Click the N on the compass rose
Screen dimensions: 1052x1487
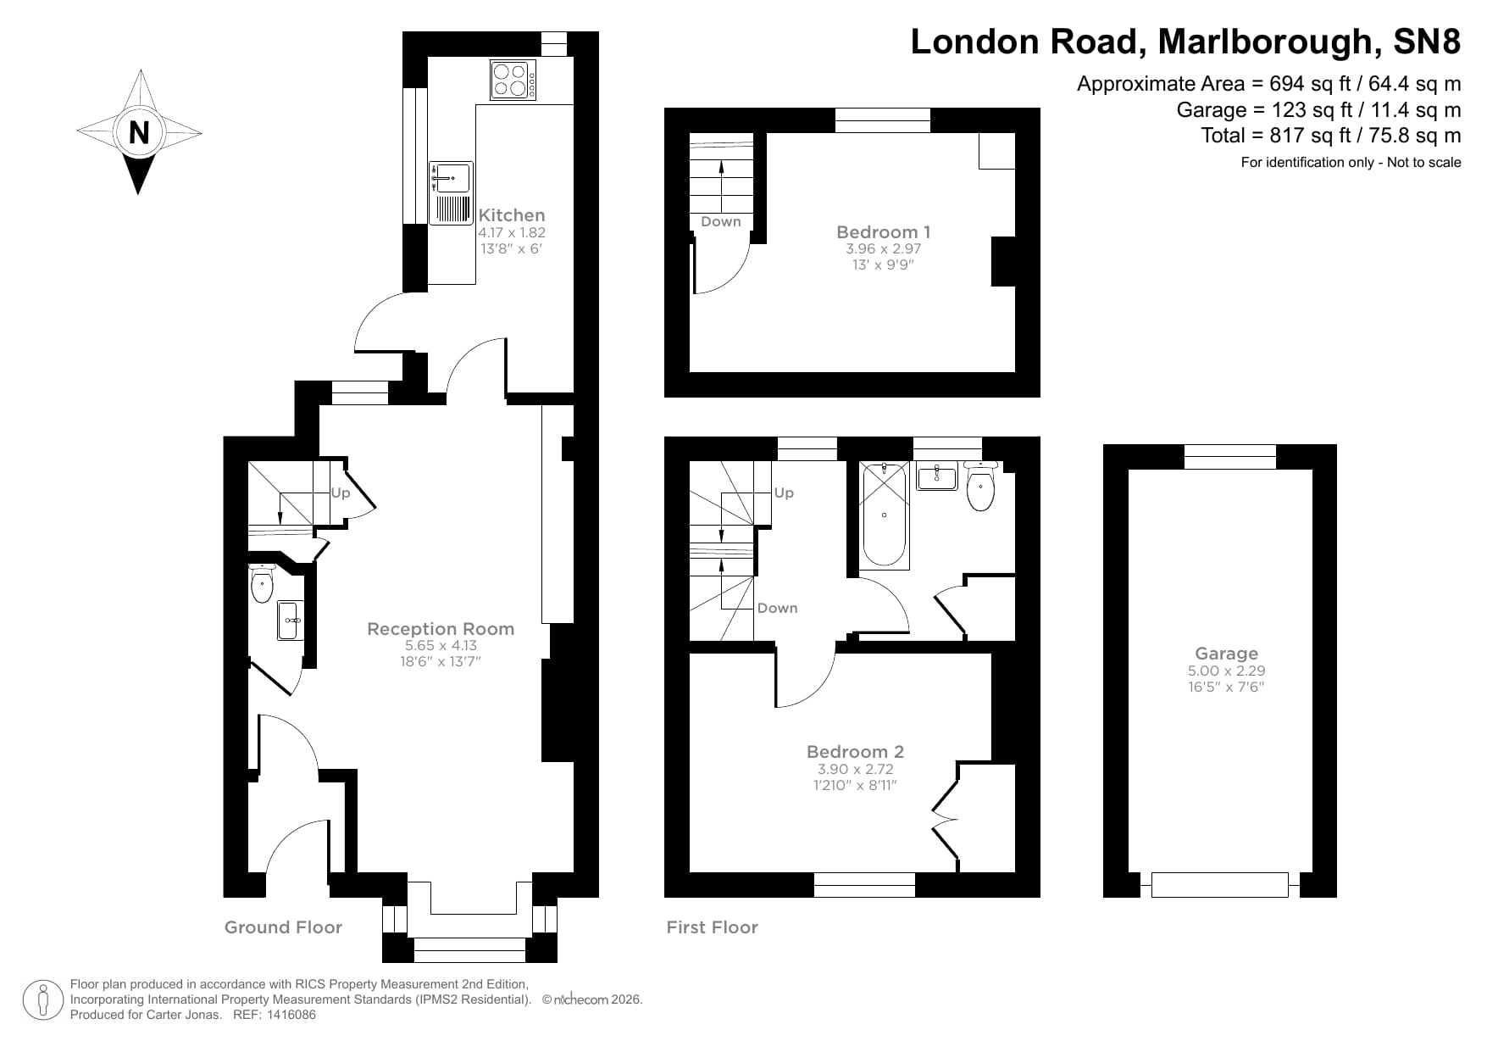tap(139, 132)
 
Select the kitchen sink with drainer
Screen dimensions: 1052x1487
tap(451, 193)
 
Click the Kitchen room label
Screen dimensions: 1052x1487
tap(512, 215)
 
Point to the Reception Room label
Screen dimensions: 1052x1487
tap(441, 629)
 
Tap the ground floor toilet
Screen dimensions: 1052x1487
tap(262, 585)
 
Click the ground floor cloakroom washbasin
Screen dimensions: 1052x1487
tap(289, 621)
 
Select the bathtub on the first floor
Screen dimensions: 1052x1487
tap(884, 515)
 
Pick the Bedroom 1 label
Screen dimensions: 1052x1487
tap(883, 232)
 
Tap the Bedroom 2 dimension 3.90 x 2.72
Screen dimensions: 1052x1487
tap(855, 770)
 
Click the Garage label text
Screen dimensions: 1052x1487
tap(1226, 654)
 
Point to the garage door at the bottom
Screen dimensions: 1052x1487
tap(1219, 884)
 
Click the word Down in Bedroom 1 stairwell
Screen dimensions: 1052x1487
tap(721, 222)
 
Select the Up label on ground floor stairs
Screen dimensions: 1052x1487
tap(341, 493)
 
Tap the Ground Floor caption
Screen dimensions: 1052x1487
tap(283, 927)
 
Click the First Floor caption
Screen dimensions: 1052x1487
tap(712, 927)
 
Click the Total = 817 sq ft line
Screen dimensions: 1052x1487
tap(1330, 136)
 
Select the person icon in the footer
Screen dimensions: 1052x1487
tap(43, 1000)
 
